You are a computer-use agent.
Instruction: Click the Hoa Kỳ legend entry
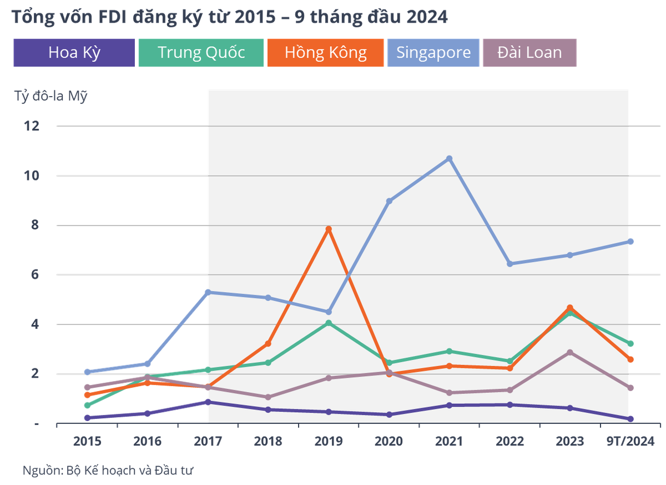[74, 53]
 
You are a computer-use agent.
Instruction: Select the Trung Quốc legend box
[201, 53]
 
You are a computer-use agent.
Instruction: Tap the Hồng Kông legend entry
[325, 53]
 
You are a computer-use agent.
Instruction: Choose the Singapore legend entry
[433, 53]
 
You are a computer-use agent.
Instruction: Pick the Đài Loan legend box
[529, 53]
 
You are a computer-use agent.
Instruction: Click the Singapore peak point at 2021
[450, 159]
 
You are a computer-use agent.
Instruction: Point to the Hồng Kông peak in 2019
[329, 229]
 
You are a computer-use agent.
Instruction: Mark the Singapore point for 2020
[389, 201]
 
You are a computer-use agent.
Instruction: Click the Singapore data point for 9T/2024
[631, 241]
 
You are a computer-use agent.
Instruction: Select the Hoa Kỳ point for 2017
[208, 402]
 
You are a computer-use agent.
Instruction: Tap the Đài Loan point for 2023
[570, 352]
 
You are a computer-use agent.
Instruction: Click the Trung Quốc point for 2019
[329, 323]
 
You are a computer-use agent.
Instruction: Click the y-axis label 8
[36, 225]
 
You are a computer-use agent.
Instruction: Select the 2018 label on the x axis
[268, 441]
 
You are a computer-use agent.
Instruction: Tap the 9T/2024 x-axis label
[630, 441]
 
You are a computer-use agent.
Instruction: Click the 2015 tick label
[87, 441]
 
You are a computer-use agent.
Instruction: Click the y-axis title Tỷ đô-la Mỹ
[51, 97]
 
